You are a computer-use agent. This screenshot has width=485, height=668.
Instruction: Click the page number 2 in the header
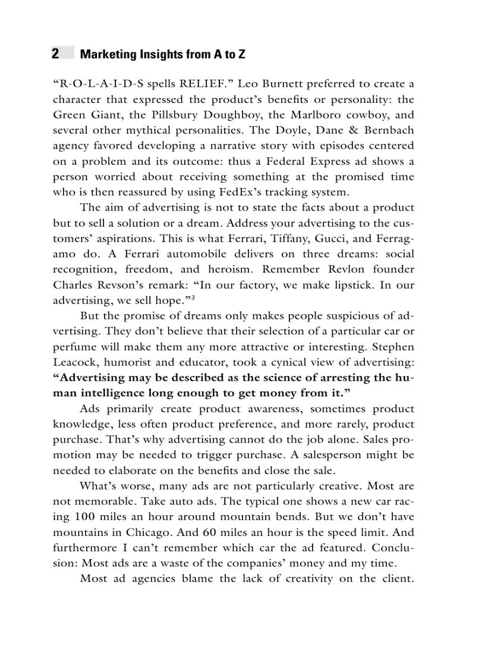[55, 54]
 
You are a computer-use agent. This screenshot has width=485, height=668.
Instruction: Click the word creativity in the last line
[300, 579]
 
